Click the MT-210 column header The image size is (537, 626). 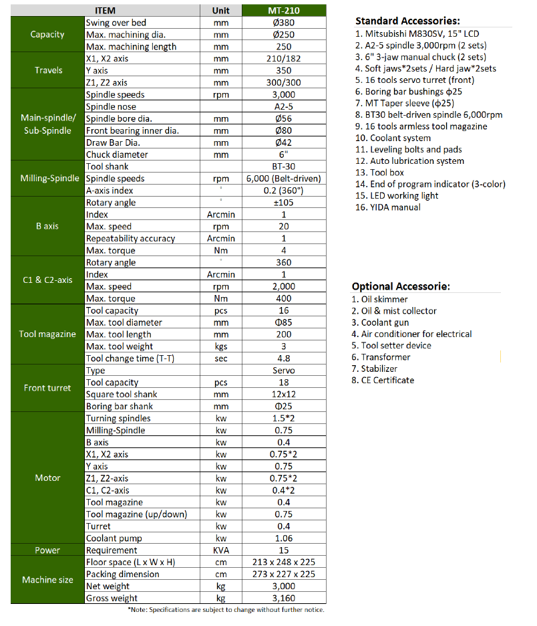(284, 11)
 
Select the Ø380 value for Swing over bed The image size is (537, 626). (284, 23)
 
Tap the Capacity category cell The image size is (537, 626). (47, 35)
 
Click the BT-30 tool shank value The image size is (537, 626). (284, 167)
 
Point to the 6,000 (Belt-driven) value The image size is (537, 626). (284, 179)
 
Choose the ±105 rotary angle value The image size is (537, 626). (284, 203)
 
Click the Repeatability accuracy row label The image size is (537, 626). (130, 239)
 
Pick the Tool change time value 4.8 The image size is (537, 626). (284, 358)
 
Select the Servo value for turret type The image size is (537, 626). (284, 371)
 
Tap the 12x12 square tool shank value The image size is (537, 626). (284, 395)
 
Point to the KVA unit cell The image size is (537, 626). (220, 550)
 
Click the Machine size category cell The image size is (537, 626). (47, 580)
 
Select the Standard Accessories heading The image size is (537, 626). (407, 21)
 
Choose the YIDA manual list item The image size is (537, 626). (388, 207)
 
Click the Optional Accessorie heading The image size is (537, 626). (401, 286)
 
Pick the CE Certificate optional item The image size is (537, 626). (383, 381)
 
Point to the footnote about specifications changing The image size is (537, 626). (226, 610)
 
